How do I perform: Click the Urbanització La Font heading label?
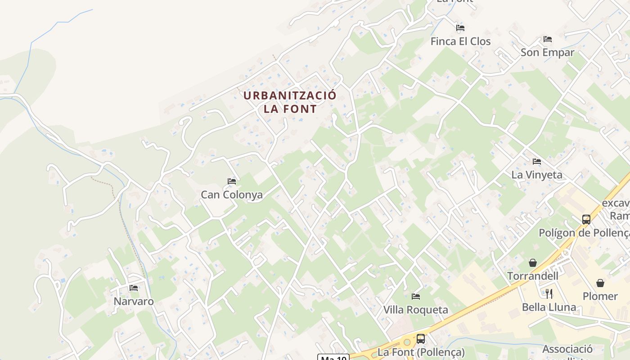click(290, 102)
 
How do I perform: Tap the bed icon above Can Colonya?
click(232, 181)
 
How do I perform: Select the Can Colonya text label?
click(232, 195)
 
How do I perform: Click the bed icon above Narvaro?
click(134, 288)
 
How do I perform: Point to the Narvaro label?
click(134, 301)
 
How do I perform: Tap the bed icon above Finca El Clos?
click(460, 28)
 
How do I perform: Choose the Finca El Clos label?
click(460, 41)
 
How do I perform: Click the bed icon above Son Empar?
click(547, 39)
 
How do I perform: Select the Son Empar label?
click(547, 53)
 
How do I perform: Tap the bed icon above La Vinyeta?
click(536, 161)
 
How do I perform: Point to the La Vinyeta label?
click(537, 175)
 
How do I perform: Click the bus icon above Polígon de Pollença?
click(586, 220)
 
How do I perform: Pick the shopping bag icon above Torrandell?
click(533, 263)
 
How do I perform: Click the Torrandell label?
click(533, 276)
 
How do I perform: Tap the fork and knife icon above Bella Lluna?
click(549, 294)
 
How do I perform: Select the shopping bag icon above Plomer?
click(600, 283)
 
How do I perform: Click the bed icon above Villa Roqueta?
click(416, 297)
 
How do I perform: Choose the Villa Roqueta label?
click(416, 310)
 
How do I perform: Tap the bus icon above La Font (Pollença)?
click(421, 339)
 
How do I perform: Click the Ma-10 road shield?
click(333, 358)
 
